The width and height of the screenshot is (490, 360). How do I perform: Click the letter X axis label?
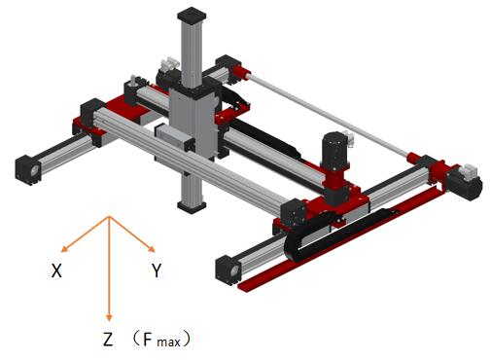(56, 270)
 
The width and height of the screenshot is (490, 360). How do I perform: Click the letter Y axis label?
(157, 270)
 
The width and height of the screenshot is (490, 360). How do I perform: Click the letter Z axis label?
(108, 339)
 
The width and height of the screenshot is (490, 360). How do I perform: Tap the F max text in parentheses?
(161, 340)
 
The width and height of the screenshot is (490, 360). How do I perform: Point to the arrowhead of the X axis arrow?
(64, 249)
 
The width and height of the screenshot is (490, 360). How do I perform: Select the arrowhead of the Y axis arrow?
(152, 249)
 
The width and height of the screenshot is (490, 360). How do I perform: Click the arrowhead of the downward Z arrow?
(109, 317)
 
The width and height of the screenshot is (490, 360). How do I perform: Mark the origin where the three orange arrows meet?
(109, 217)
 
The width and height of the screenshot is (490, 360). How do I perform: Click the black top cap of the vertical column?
(192, 17)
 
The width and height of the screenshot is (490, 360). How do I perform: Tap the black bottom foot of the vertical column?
(192, 206)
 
